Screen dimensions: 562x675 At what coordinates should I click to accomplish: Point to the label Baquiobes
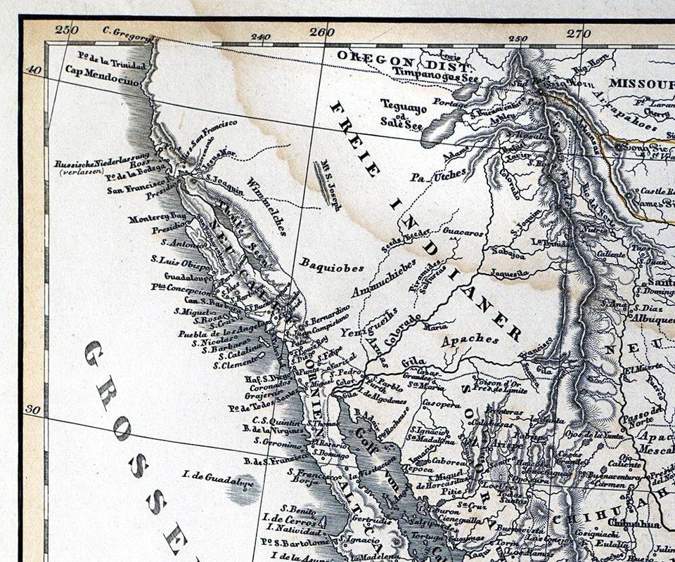tap(332, 266)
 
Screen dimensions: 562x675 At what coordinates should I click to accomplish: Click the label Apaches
tap(471, 340)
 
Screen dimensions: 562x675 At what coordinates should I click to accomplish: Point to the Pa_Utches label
tap(438, 172)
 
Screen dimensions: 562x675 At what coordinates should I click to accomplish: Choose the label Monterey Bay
tap(157, 218)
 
